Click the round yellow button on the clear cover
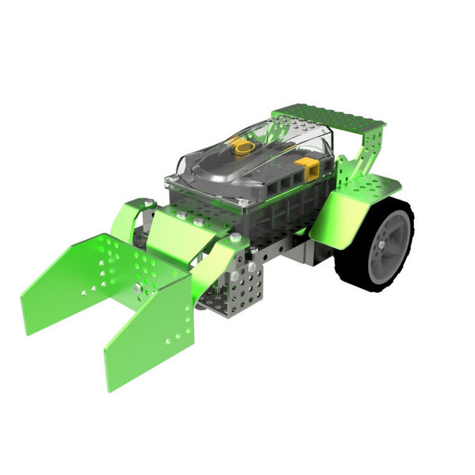coord(240,146)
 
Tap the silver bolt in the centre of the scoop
coord(139,288)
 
